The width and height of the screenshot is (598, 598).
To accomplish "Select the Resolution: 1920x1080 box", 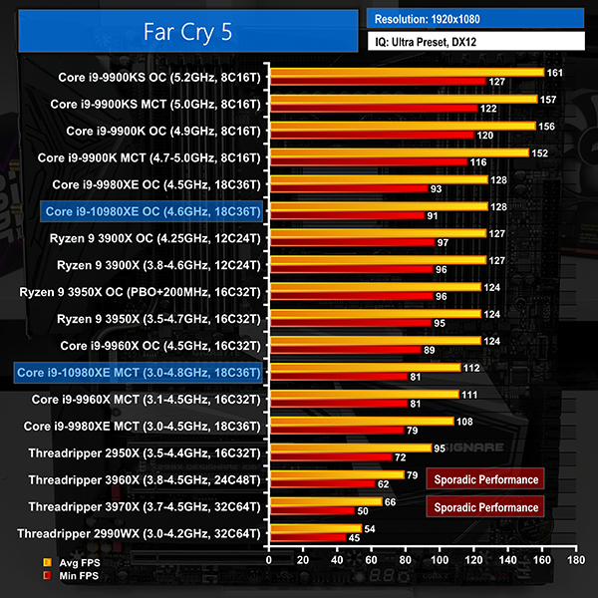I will pyautogui.click(x=474, y=18).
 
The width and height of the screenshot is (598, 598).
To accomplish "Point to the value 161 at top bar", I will pyautogui.click(x=555, y=72).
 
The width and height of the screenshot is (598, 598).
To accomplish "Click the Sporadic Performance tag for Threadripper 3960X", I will pyautogui.click(x=487, y=479).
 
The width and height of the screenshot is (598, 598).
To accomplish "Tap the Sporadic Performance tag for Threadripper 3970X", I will pyautogui.click(x=487, y=506).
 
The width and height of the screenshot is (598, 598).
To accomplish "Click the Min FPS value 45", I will pyautogui.click(x=354, y=538).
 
